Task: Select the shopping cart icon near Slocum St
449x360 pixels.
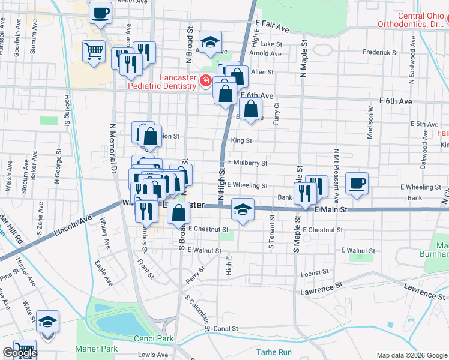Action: click(94, 52)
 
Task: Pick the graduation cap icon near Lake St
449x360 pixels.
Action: click(210, 43)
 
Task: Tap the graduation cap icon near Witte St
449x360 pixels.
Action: click(47, 322)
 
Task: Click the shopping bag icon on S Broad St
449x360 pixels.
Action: click(179, 212)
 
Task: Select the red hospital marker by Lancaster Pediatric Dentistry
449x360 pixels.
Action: click(205, 80)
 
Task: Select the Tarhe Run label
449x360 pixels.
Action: click(273, 352)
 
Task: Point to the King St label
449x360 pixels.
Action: click(241, 140)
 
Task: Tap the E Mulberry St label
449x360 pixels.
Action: click(247, 163)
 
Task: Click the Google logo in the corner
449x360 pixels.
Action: click(20, 353)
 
